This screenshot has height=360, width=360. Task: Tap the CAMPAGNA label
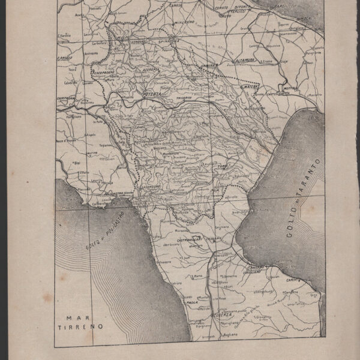coord(67,97)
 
